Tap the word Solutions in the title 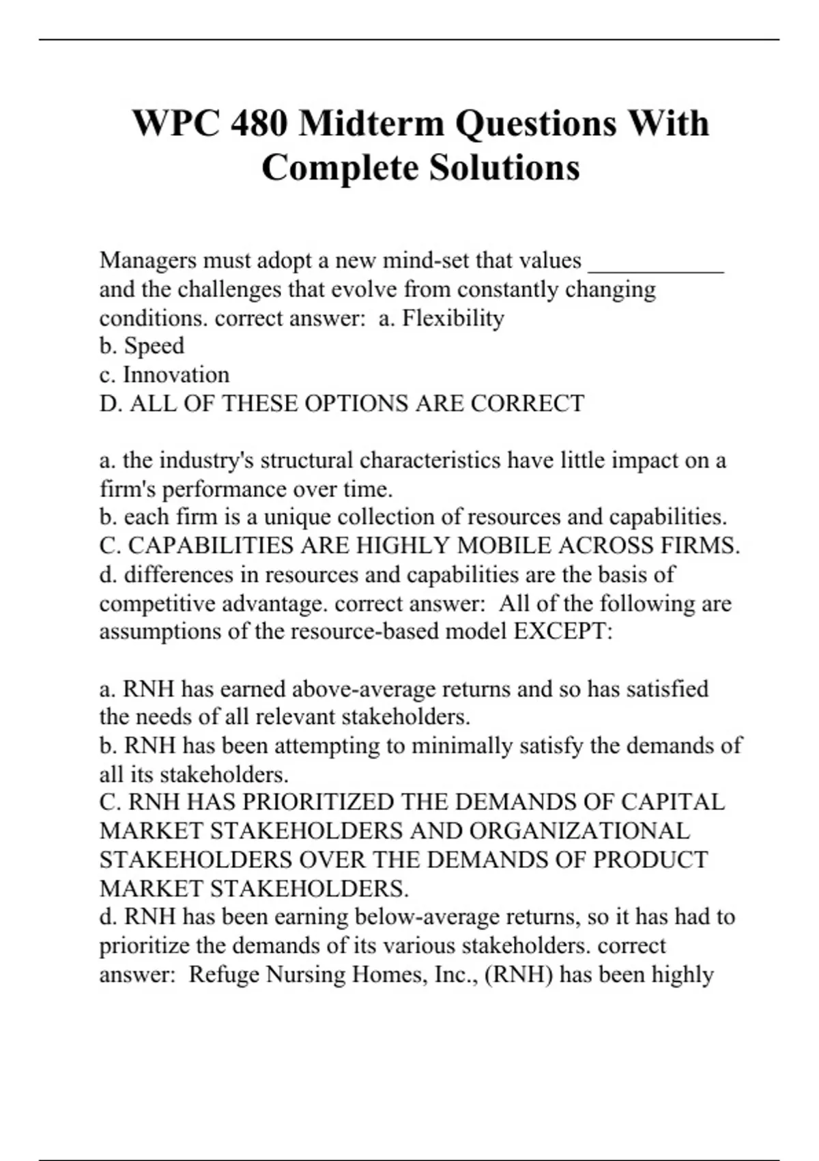click(x=504, y=168)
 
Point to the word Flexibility click(x=452, y=318)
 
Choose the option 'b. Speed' click(x=142, y=346)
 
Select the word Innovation click(x=176, y=375)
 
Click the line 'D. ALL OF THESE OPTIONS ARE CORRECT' click(x=342, y=404)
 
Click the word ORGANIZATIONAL click(x=579, y=830)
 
